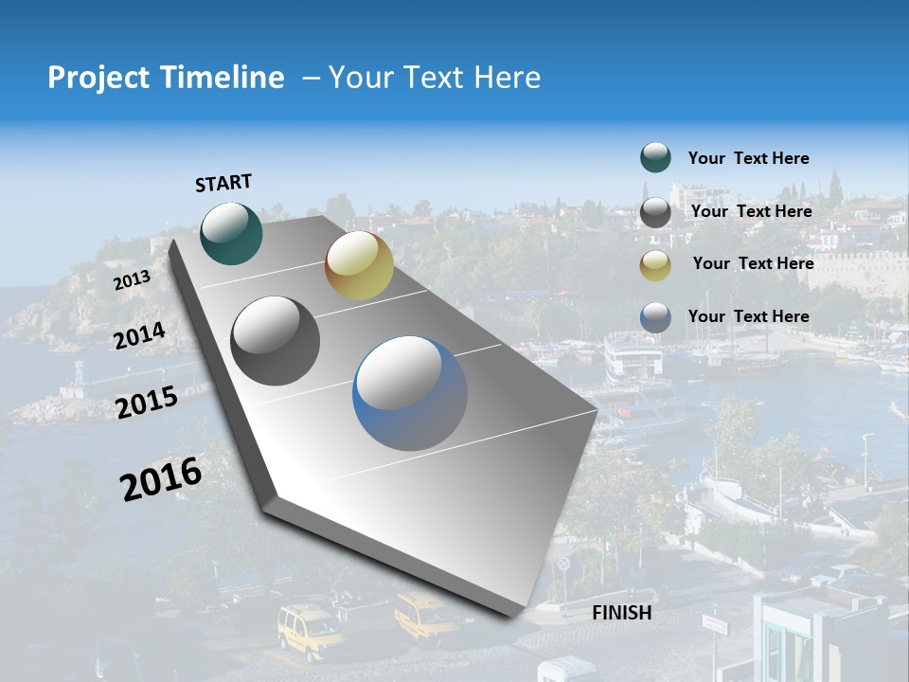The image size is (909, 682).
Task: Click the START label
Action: [223, 183]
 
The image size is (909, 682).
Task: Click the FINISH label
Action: [621, 613]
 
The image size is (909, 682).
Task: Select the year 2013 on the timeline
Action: [132, 280]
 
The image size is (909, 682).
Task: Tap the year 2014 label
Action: [139, 335]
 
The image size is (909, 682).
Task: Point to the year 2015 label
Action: [146, 403]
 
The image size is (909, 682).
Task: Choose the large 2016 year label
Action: [160, 478]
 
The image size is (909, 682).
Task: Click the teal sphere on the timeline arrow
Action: [231, 233]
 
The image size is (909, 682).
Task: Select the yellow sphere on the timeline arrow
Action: [359, 264]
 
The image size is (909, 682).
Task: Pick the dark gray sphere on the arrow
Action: [276, 340]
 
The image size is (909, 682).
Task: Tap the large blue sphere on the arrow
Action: [410, 393]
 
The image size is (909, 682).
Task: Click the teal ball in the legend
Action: [655, 158]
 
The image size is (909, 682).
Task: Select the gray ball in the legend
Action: [655, 212]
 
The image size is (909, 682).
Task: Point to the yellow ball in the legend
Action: [655, 265]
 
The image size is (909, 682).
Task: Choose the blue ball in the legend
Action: [655, 317]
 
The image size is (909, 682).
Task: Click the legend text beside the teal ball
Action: [748, 158]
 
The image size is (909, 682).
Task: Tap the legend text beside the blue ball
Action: [748, 316]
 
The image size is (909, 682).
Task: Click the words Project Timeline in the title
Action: [166, 78]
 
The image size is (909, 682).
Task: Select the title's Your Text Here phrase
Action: [434, 78]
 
